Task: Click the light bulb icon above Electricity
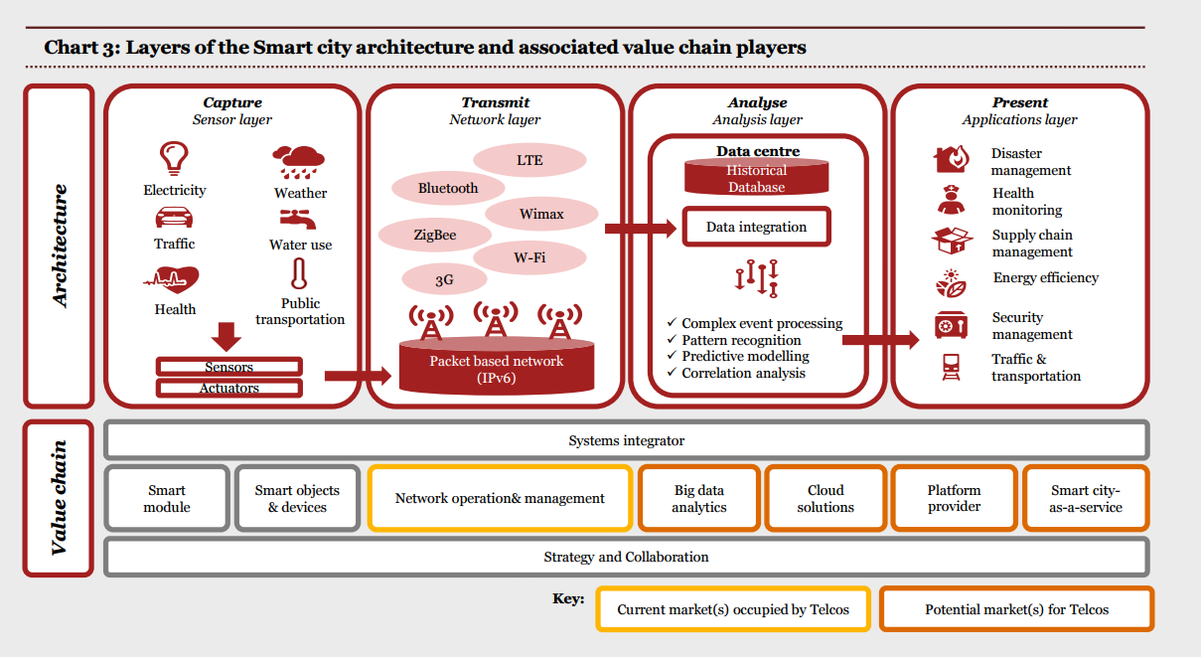175,158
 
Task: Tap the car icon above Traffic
174,218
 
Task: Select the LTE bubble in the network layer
529,159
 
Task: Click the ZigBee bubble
434,236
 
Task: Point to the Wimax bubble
541,214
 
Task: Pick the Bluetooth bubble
447,188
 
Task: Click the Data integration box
756,227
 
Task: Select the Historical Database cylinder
756,178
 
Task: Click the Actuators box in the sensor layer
229,388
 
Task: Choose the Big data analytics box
699,498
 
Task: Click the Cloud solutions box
826,498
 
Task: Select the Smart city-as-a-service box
1086,498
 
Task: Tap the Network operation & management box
500,498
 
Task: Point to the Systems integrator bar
626,440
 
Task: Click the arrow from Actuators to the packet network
358,376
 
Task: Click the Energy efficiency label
1045,277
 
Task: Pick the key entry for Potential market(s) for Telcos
1016,609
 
